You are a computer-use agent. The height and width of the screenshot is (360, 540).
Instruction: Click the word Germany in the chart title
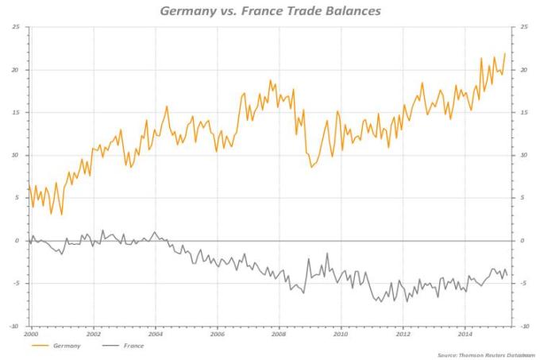pyautogui.click(x=187, y=12)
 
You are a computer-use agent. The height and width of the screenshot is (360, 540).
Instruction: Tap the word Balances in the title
pyautogui.click(x=349, y=12)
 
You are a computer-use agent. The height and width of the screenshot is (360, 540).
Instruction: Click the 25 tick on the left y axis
pyautogui.click(x=16, y=27)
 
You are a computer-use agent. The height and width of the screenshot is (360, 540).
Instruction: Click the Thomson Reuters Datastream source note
pyautogui.click(x=484, y=354)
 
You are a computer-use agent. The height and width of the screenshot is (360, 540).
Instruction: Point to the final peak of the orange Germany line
pyautogui.click(x=505, y=54)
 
